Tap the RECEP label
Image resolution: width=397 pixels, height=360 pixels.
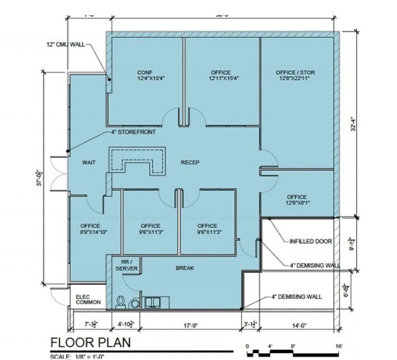tap(189, 163)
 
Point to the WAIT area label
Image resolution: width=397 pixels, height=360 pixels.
tap(88, 163)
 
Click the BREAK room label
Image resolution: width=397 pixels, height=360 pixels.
tap(185, 267)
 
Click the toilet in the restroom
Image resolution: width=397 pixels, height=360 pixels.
tap(121, 300)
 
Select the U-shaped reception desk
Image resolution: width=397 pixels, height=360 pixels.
tap(140, 160)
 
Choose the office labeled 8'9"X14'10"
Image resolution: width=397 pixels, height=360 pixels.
tap(90, 229)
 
